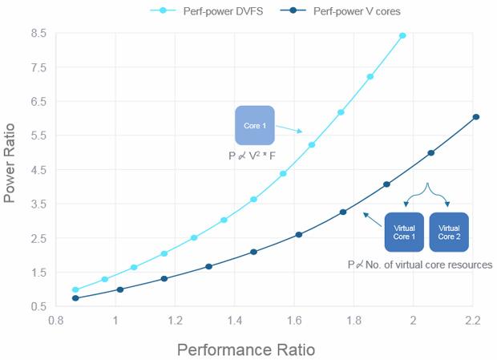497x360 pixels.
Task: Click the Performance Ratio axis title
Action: [245, 350]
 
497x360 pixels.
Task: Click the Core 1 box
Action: [255, 126]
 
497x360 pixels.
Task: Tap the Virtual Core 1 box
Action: [404, 233]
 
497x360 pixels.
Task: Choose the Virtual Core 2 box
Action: [449, 233]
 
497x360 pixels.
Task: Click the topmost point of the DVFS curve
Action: [402, 35]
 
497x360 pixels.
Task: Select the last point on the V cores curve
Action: [476, 117]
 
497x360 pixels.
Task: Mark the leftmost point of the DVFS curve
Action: [75, 290]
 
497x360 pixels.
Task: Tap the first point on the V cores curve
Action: [75, 298]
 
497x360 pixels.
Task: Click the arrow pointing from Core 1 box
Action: [289, 128]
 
